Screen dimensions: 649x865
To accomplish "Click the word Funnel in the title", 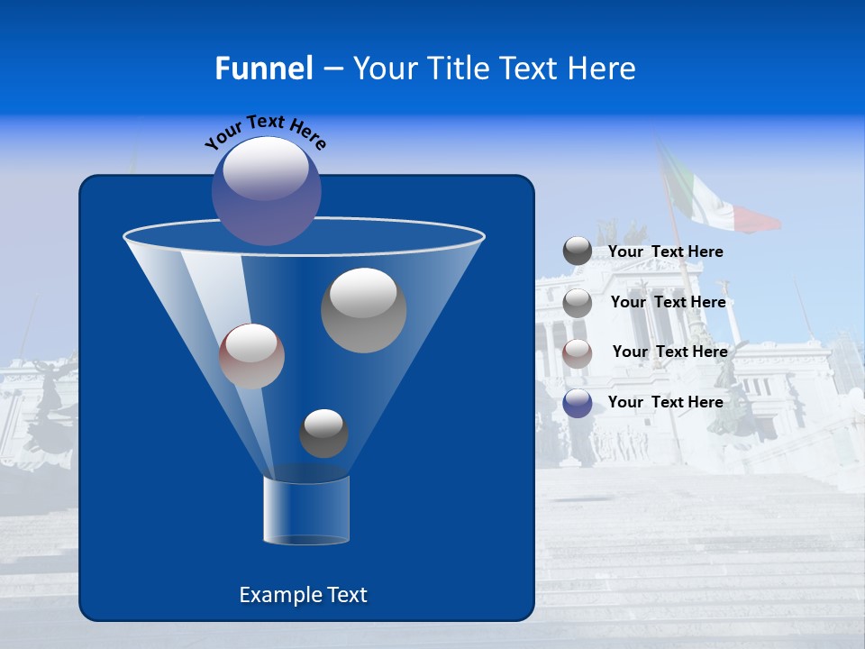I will coord(263,69).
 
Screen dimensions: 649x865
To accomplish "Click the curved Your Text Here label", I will coord(265,132).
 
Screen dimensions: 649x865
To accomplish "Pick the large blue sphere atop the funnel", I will coord(267,191).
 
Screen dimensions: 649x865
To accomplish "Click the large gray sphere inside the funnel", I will coord(363,310).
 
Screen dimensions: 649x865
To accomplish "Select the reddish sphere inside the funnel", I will coord(251,356).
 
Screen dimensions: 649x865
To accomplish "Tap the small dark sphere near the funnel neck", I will coord(323,434).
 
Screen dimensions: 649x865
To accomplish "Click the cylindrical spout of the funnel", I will coord(306,510).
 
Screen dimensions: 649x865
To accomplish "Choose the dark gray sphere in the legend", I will coord(578,251).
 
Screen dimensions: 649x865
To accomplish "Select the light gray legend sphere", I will coord(578,303).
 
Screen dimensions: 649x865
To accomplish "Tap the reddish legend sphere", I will coord(578,352).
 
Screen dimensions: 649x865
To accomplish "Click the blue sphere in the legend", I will coord(578,403).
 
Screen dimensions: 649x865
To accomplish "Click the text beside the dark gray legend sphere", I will coord(665,252).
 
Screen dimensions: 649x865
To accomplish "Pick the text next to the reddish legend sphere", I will coord(669,352).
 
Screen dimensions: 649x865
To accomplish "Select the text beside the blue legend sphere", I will coord(665,402).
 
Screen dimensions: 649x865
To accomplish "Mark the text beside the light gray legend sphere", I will coord(668,302).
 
